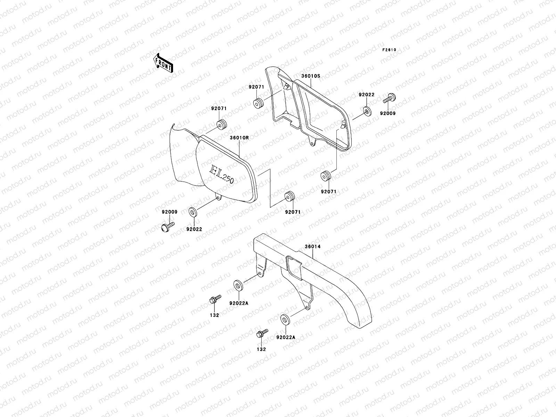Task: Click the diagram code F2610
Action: [389, 50]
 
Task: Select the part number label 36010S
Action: [310, 75]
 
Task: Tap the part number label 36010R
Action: [239, 138]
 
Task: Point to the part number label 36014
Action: [312, 247]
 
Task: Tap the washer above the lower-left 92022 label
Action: [192, 212]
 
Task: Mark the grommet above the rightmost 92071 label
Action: [326, 177]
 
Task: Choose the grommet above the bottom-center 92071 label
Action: [289, 197]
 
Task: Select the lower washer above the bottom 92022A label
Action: [285, 319]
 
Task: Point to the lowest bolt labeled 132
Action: [261, 334]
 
